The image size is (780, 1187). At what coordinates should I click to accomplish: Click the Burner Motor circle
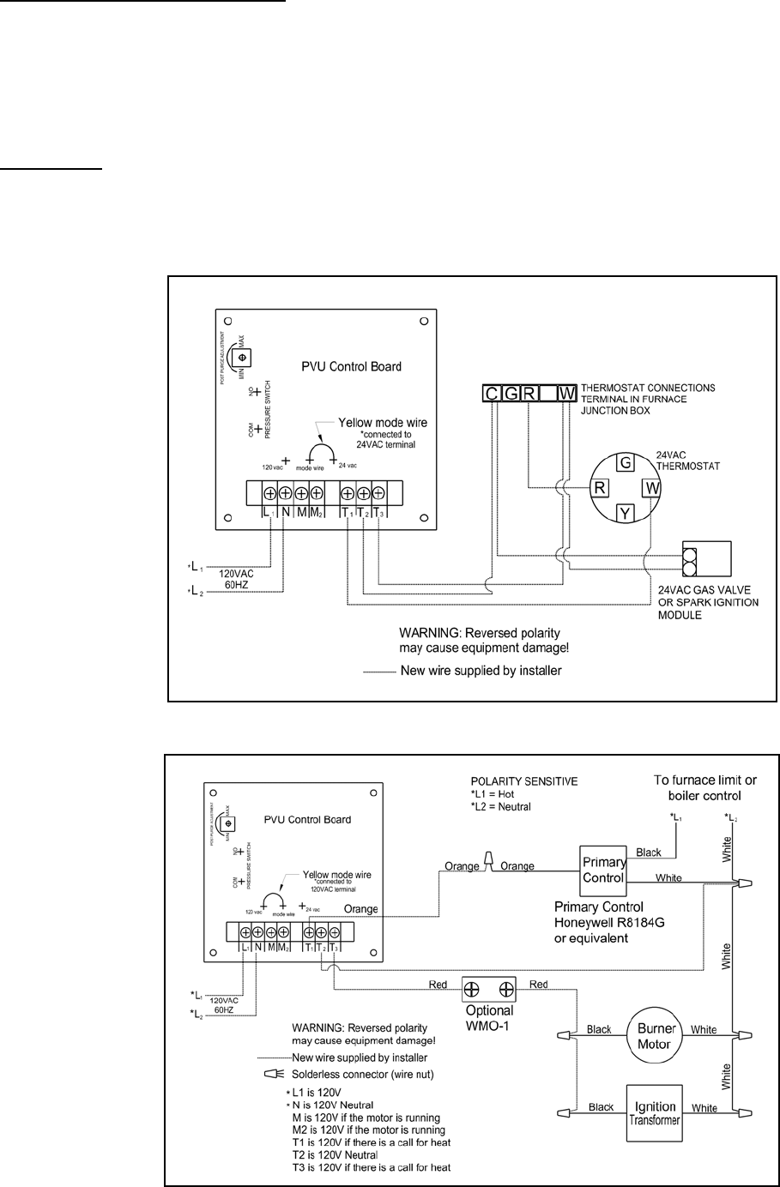656,1035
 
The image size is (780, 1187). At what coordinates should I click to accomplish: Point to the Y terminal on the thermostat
626,515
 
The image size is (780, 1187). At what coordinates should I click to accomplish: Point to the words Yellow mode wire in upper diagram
383,422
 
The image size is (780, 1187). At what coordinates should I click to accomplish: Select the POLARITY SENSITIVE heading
525,782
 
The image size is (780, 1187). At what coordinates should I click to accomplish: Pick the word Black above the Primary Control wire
650,853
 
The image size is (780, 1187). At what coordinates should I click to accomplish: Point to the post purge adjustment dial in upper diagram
241,356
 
